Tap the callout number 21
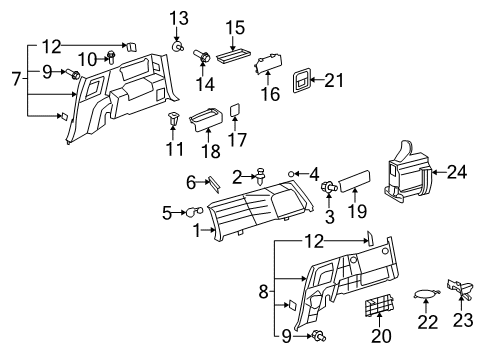click(334, 79)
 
